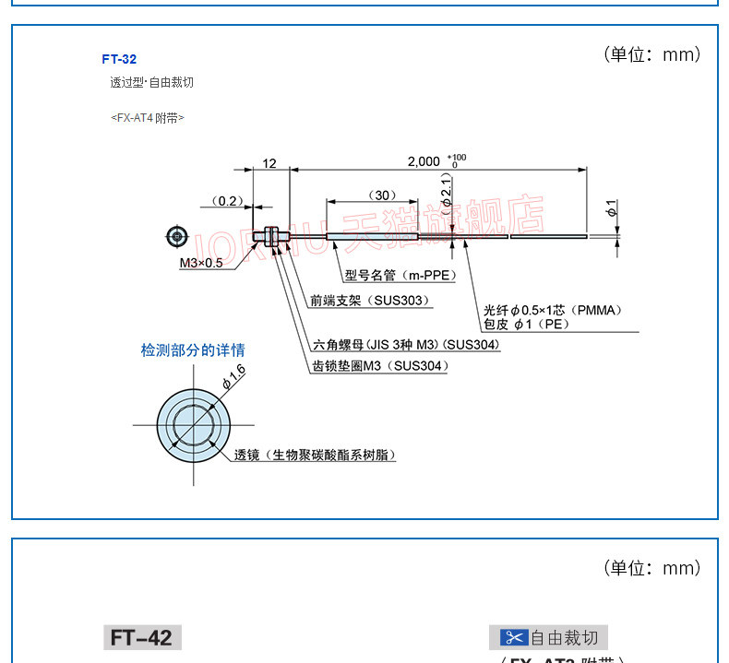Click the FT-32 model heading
tap(119, 59)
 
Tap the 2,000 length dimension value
tap(424, 161)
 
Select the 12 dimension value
tap(269, 163)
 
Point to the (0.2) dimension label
tap(225, 201)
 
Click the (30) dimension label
tap(381, 195)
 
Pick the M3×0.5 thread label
tap(201, 263)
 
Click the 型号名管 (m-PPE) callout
tap(400, 275)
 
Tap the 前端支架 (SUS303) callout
tap(369, 301)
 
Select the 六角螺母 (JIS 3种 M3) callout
tap(406, 345)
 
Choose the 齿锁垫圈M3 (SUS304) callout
tap(380, 366)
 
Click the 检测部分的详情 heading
tap(193, 350)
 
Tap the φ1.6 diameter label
tap(233, 375)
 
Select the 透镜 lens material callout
tap(314, 456)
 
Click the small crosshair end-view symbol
tap(177, 237)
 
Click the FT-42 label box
tap(142, 637)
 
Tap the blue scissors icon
tap(514, 637)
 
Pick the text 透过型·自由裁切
tap(152, 83)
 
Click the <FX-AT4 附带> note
tap(148, 118)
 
